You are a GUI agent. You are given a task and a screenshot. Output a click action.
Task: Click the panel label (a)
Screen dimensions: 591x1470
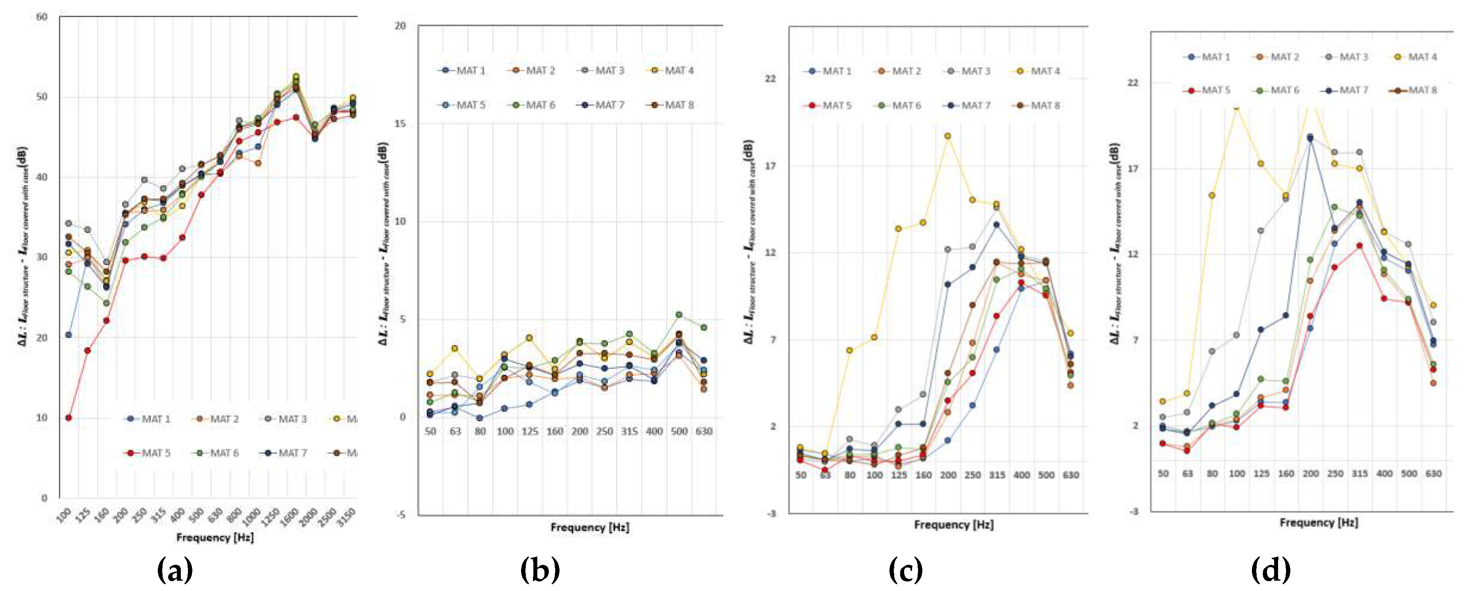174,570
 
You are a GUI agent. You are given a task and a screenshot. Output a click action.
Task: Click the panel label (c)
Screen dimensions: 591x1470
906,570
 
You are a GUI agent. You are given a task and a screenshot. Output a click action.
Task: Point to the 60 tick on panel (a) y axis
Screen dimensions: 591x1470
42,17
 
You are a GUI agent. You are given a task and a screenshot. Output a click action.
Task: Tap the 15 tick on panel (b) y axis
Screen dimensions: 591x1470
400,123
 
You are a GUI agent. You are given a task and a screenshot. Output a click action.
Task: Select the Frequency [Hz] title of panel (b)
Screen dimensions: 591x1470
590,527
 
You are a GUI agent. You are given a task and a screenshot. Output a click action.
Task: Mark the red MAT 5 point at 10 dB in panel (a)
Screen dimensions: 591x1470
69,418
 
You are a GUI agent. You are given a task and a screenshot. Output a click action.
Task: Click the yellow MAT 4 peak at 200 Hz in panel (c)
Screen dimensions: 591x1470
947,136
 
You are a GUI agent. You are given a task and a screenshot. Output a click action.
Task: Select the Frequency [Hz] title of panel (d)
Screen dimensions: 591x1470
1318,522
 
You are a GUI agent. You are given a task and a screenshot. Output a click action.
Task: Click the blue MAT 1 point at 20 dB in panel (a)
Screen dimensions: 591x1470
69,335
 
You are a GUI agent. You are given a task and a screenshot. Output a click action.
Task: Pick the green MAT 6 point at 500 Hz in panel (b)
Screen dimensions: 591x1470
678,315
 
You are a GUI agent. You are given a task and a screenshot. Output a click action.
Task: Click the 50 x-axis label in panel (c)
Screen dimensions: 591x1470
801,475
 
